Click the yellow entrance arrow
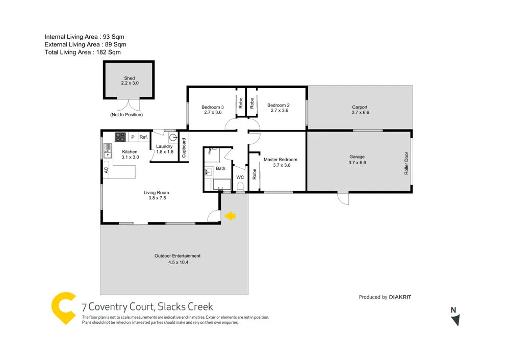(x=231, y=216)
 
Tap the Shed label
(x=130, y=79)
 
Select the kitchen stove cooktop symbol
(x=120, y=137)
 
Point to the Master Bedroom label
(x=280, y=160)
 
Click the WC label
(x=240, y=177)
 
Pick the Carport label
(x=360, y=107)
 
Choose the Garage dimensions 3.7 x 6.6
(x=357, y=163)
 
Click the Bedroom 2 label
(x=278, y=105)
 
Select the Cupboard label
(x=184, y=147)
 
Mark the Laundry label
(x=164, y=146)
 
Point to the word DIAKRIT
(x=401, y=297)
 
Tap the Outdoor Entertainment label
(x=177, y=256)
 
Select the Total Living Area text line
(x=83, y=52)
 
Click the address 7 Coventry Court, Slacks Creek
(x=147, y=307)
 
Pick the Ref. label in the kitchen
(x=143, y=137)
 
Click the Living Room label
(x=156, y=193)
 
